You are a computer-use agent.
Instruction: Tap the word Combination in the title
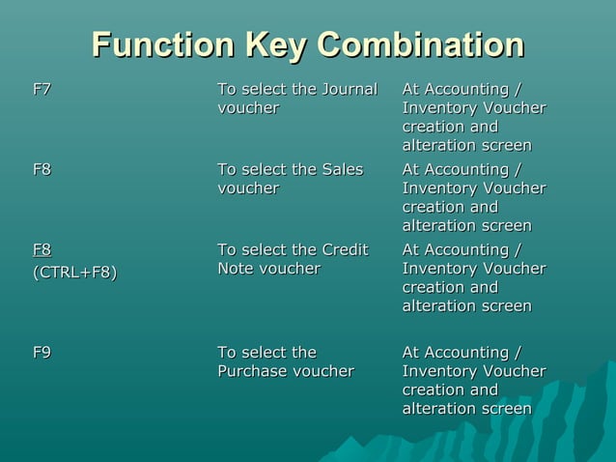[420, 44]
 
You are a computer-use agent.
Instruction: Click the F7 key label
[42, 90]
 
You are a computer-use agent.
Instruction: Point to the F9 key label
[42, 353]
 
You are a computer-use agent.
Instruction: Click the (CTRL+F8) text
[75, 274]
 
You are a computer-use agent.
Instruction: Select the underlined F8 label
[42, 250]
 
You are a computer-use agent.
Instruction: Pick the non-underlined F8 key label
[42, 170]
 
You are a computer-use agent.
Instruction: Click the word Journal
[349, 90]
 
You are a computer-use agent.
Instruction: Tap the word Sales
[342, 170]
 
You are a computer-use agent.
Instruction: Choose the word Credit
[344, 250]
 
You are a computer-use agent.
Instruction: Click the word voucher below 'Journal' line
[248, 108]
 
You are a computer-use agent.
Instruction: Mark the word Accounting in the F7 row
[468, 90]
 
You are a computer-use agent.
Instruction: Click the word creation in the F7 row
[434, 128]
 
